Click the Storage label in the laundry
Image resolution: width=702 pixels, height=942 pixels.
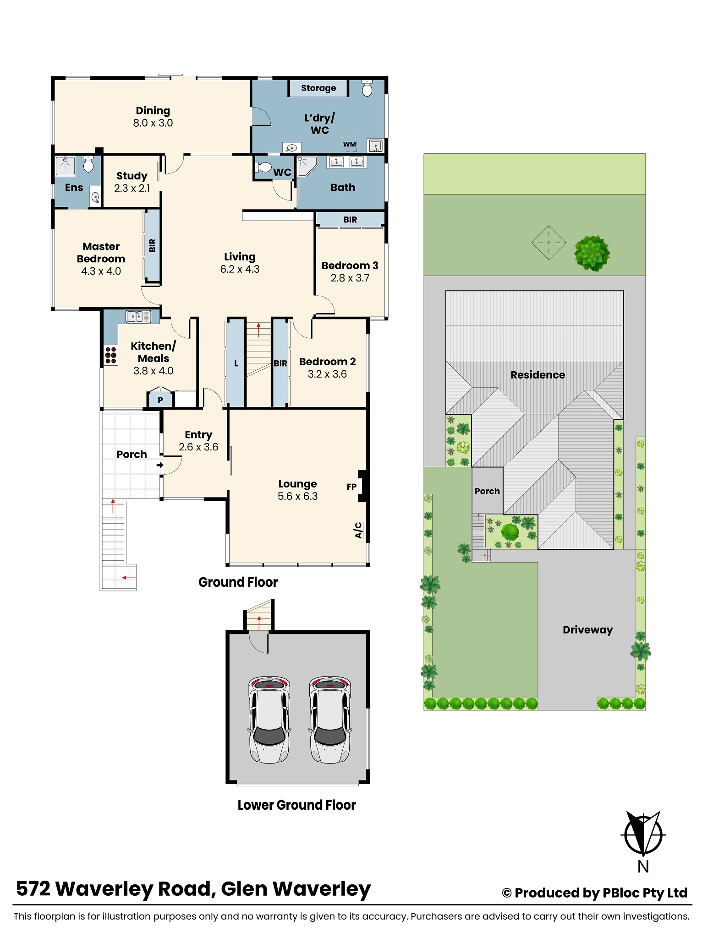318,88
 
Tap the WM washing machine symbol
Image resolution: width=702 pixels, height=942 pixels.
350,144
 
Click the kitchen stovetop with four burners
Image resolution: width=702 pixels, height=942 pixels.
111,355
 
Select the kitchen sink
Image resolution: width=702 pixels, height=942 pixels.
138,316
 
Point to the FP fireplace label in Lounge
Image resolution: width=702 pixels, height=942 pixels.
351,487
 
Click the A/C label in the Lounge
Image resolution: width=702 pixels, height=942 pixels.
358,530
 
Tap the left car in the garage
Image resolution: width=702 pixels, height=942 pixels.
269,720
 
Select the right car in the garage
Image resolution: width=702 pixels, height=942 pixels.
330,720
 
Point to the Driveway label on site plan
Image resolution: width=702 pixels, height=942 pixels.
587,630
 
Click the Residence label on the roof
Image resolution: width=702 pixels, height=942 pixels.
538,375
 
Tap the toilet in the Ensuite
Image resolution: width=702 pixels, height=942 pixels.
88,164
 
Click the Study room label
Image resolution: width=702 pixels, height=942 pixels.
132,176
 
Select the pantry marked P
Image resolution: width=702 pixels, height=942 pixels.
160,399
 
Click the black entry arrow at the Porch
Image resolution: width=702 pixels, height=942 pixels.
160,465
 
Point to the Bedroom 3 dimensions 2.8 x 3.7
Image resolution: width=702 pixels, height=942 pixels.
350,278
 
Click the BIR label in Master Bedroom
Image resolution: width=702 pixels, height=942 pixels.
152,245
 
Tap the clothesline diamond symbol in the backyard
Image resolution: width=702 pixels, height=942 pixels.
548,243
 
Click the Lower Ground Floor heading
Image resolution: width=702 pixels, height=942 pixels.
296,805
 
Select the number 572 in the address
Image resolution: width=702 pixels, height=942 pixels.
33,889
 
